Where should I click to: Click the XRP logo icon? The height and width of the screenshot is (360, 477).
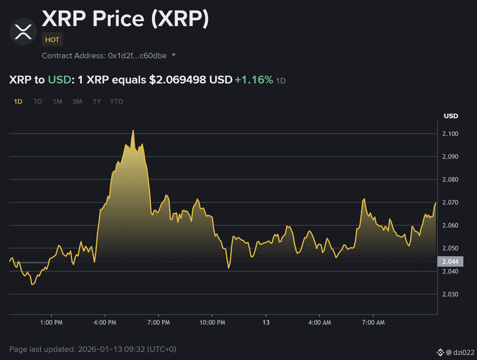pyautogui.click(x=23, y=32)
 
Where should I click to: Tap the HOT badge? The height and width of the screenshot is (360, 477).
pyautogui.click(x=52, y=39)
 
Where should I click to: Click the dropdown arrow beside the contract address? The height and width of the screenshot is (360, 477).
pyautogui.click(x=174, y=55)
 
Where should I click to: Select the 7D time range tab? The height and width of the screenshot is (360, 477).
pyautogui.click(x=38, y=101)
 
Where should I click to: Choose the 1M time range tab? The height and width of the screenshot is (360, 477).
pyautogui.click(x=57, y=101)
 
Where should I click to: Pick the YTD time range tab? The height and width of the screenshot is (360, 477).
pyautogui.click(x=116, y=101)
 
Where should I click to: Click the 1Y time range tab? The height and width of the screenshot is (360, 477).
pyautogui.click(x=97, y=101)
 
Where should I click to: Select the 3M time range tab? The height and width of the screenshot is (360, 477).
pyautogui.click(x=77, y=101)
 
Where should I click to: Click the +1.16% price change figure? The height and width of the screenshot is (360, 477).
pyautogui.click(x=254, y=80)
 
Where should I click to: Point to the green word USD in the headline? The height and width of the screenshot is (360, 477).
pyautogui.click(x=59, y=80)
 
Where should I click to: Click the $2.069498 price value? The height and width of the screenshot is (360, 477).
pyautogui.click(x=177, y=80)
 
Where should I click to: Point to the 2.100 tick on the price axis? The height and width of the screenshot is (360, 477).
pyautogui.click(x=450, y=134)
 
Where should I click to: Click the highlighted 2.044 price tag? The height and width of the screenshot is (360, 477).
pyautogui.click(x=450, y=261)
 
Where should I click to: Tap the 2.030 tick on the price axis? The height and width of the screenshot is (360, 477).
pyautogui.click(x=450, y=294)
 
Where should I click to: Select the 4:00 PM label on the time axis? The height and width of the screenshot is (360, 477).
pyautogui.click(x=105, y=322)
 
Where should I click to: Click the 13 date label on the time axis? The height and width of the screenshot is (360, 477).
pyautogui.click(x=266, y=322)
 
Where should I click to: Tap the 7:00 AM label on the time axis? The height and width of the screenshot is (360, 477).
pyautogui.click(x=373, y=322)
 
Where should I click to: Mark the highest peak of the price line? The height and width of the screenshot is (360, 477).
pyautogui.click(x=133, y=131)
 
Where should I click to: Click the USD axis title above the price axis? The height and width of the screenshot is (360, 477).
pyautogui.click(x=451, y=116)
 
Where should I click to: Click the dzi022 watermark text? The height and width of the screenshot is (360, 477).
pyautogui.click(x=463, y=352)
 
